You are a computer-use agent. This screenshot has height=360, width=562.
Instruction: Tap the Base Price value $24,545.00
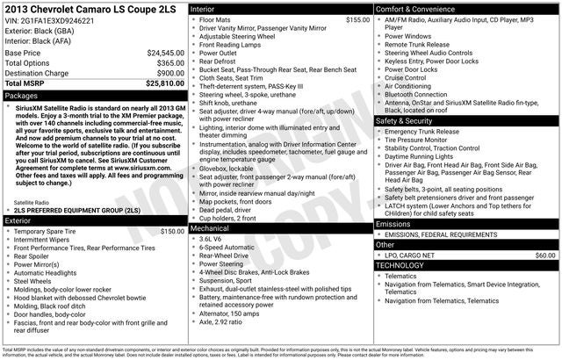coord(165,53)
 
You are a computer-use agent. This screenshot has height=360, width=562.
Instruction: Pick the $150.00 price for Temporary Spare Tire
coord(166,232)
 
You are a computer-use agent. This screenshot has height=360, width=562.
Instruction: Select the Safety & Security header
coord(409,120)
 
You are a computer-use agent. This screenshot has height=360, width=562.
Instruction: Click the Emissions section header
coord(394,225)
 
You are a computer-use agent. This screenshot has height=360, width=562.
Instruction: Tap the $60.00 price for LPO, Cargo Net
coord(544,255)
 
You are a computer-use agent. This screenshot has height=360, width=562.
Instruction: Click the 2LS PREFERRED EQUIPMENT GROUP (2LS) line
coord(76,212)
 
